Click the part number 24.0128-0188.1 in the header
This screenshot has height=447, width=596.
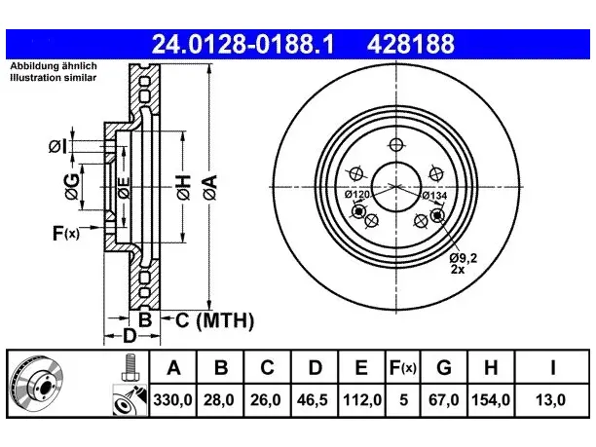coord(242,44)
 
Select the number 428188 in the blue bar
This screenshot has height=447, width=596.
coord(411,44)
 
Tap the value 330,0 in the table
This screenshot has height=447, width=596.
coord(173,400)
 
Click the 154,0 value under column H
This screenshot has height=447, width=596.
coord(491,400)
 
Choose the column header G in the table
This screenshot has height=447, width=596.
coord(444,367)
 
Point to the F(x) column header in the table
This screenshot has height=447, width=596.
coord(403,367)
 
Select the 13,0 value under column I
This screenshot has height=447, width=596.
coord(551,400)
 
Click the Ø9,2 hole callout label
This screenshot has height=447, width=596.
coord(463,258)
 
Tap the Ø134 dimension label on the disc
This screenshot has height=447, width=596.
coord(435,196)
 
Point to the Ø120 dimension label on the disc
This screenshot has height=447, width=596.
coord(356,195)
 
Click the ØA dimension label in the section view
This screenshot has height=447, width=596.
coord(210,187)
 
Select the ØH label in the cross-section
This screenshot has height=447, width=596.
coord(183,187)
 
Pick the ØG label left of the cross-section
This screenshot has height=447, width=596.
coord(72,187)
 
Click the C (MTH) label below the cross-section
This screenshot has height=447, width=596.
coord(214,320)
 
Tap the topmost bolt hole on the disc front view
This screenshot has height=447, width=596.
coord(396,145)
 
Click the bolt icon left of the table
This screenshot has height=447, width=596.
coord(130,367)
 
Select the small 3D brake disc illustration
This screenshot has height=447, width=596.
coord(36,382)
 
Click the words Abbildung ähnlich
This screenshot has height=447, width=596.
coord(54,66)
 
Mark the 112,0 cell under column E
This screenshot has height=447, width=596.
coord(362,400)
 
